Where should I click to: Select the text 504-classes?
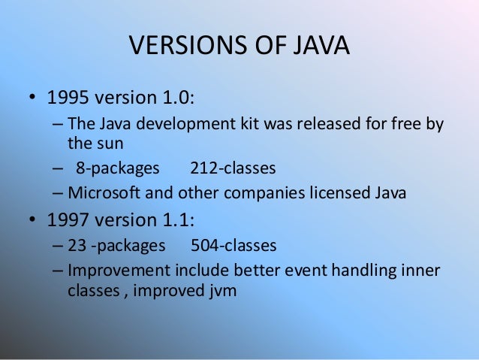point(233,245)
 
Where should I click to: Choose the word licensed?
point(333,192)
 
